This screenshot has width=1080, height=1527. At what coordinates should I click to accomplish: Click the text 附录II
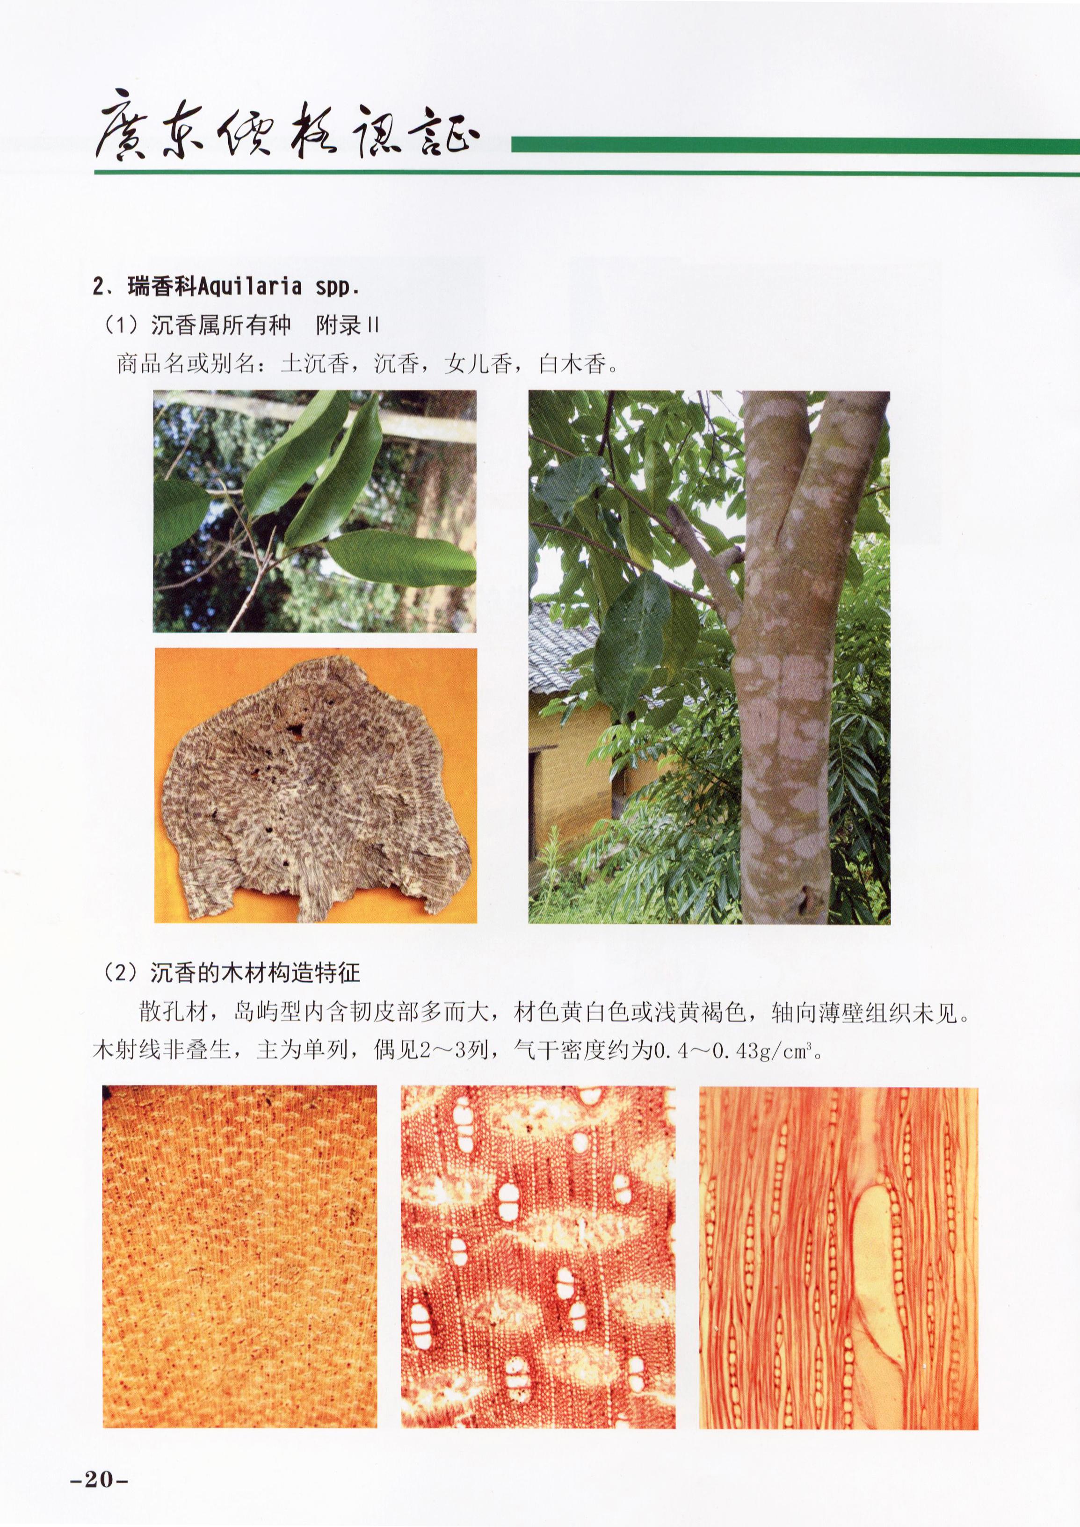tap(347, 325)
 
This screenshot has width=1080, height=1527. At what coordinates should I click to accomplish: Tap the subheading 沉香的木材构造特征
tap(255, 974)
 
